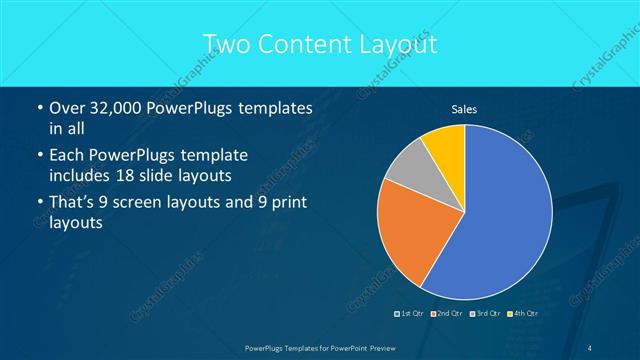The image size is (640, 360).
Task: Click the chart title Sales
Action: (464, 108)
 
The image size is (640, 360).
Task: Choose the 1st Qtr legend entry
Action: (408, 313)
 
